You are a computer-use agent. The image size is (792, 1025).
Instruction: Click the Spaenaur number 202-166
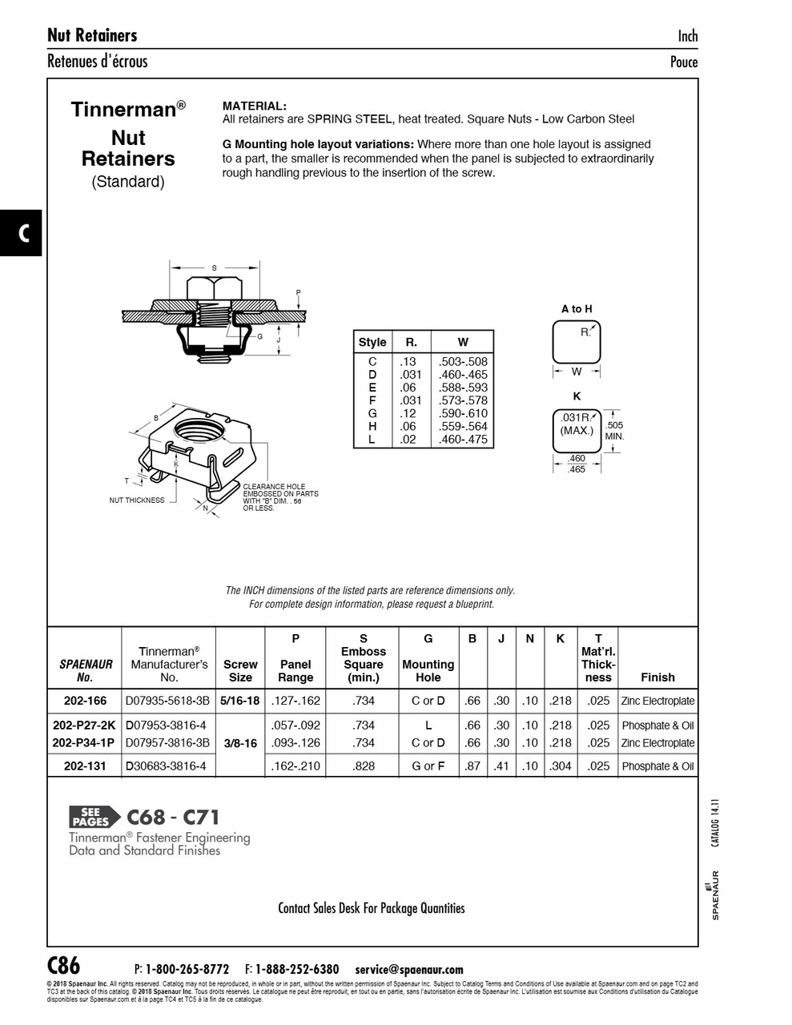click(85, 701)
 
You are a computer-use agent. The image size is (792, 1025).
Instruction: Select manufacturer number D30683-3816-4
click(166, 766)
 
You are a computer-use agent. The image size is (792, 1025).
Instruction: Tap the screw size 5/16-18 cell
click(240, 701)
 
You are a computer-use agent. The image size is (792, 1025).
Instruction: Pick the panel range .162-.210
click(295, 766)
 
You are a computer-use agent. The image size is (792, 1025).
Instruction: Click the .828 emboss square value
click(363, 766)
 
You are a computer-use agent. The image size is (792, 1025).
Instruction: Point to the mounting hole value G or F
click(428, 766)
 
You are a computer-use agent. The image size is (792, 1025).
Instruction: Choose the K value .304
click(560, 766)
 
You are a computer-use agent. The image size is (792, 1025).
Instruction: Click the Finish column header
click(657, 677)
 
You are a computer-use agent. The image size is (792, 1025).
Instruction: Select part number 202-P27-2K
click(84, 726)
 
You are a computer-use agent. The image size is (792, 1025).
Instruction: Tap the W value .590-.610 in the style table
click(463, 414)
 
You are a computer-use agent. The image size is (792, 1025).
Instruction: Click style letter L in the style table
click(372, 440)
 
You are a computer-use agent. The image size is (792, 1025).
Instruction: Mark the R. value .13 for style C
click(408, 362)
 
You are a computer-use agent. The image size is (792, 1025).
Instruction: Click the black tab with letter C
click(22, 233)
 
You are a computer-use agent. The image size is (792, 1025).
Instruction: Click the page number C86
click(64, 965)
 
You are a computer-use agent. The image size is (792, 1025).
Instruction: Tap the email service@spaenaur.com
click(408, 970)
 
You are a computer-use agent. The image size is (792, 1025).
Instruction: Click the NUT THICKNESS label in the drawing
click(137, 500)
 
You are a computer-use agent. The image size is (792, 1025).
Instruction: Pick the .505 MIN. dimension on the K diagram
click(614, 431)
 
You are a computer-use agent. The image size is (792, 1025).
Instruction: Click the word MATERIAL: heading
click(254, 106)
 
